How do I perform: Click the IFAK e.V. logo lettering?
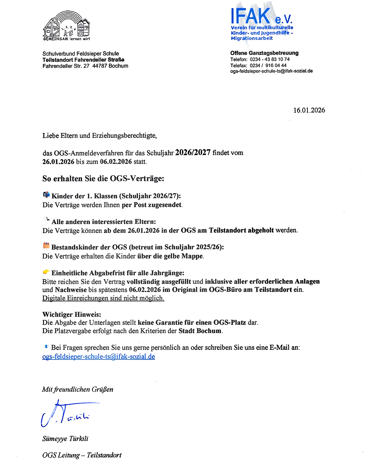coord(261,16)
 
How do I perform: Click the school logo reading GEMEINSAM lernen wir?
coord(67,26)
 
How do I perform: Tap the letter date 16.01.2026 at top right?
coord(309,110)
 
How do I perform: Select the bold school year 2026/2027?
coord(193,153)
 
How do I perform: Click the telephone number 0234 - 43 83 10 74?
coord(270,59)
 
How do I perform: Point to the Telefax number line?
coord(258,65)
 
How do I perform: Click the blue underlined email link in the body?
coord(99,356)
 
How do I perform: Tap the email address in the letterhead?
coord(271,71)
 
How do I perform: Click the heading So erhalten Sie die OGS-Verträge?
coord(103,179)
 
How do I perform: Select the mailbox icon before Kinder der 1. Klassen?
coord(46,195)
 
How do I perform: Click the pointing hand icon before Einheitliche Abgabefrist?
coord(46,272)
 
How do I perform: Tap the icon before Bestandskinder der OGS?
coord(46,246)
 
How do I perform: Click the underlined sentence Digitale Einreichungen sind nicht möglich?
coord(103,298)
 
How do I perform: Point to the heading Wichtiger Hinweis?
coord(72,314)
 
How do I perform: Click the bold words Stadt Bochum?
coord(200,331)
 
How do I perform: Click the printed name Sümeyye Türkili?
coord(65,439)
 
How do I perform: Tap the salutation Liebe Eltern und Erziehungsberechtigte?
coord(100,136)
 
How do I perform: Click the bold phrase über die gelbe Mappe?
coord(170,256)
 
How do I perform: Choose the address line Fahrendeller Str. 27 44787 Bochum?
coord(85,66)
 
